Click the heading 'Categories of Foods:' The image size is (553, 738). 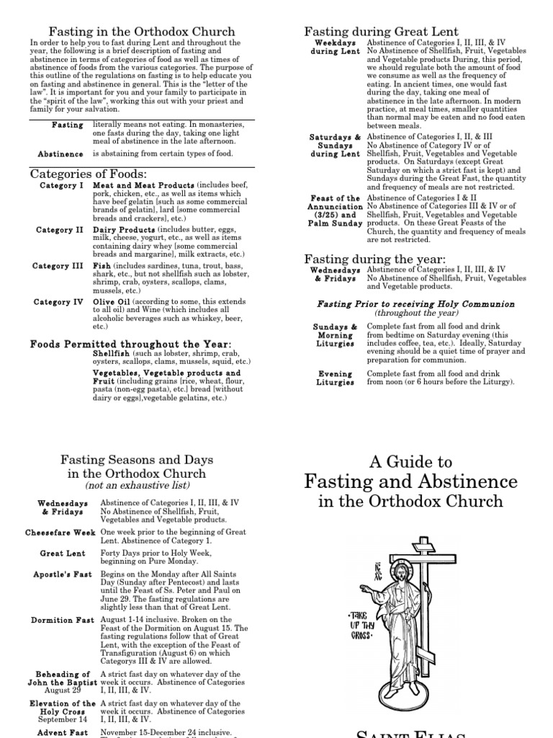point(89,174)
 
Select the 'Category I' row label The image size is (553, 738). point(61,186)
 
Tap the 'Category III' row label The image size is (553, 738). point(58,267)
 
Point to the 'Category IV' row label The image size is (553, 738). point(58,303)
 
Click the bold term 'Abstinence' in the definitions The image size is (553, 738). point(60,154)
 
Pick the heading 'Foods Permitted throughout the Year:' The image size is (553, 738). point(130,344)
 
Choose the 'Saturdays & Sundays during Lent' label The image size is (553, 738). point(335,146)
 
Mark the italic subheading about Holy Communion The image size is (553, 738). point(416,304)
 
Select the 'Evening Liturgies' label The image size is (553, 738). point(335,378)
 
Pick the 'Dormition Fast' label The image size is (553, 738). point(61,620)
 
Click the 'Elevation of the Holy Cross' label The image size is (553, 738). point(62,708)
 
